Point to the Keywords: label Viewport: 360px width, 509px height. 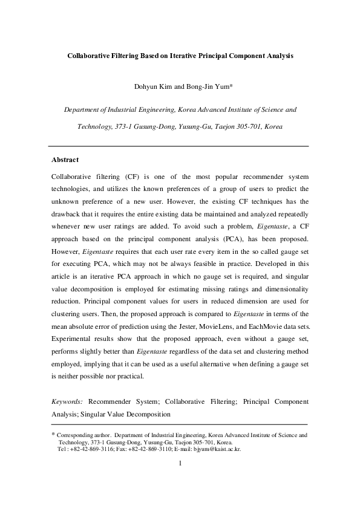pos(68,401)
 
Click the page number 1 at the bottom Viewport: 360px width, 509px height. pos(180,465)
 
